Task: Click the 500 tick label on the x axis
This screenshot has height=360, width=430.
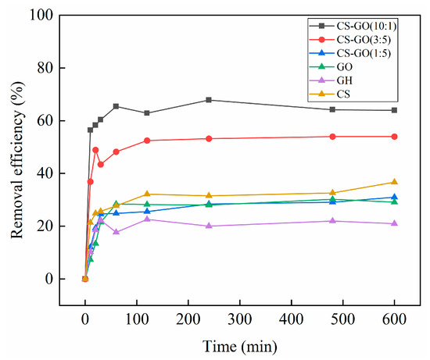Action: [x=342, y=319]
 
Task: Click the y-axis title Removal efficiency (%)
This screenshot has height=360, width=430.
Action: [x=17, y=147]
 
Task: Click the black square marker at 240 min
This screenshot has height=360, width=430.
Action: [x=209, y=100]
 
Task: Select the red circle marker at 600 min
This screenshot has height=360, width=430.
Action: [x=394, y=137]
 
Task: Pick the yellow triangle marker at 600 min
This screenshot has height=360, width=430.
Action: [x=394, y=182]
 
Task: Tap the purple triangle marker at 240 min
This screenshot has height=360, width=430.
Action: [x=209, y=226]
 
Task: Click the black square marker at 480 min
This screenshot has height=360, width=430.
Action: [x=332, y=109]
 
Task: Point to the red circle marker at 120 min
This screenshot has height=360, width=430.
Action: [x=147, y=141]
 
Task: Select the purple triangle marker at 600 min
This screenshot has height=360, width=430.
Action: [x=394, y=223]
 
